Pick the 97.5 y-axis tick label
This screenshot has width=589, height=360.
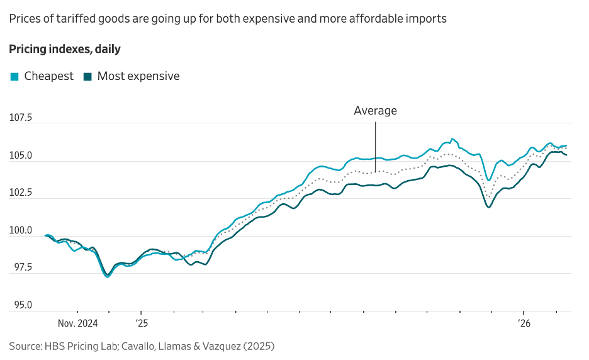point(21,267)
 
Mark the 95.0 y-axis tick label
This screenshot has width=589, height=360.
point(21,305)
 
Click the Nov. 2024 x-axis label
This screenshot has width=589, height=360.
point(79,324)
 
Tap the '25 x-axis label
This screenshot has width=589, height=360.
point(141,324)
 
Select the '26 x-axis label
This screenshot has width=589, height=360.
point(524,324)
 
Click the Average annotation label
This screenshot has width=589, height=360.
point(375,111)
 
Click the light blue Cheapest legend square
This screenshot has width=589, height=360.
point(14,77)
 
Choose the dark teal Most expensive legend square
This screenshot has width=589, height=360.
point(87,77)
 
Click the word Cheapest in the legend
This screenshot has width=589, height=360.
point(48,76)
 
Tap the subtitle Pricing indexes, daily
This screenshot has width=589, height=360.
point(64,48)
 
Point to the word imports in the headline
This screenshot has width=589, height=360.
point(427,19)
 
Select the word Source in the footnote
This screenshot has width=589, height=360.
point(25,346)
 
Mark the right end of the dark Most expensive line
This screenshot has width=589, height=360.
point(566,155)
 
